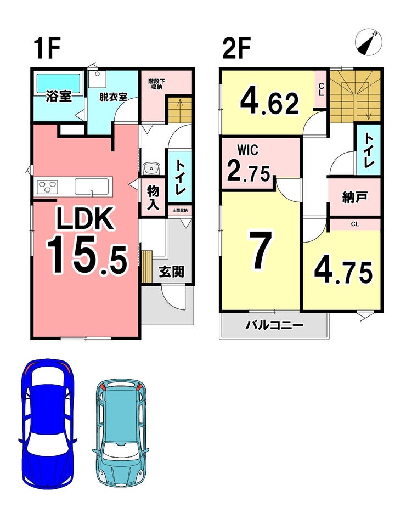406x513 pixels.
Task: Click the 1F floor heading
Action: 47,48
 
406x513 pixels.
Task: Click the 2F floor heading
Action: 236,48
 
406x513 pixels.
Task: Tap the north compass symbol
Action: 368,42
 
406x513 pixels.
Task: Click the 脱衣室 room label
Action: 113,97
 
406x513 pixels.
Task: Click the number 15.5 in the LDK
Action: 86,256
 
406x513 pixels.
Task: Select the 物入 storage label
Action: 153,198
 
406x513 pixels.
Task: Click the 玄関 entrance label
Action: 171,272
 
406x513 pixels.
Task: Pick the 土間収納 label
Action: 180,211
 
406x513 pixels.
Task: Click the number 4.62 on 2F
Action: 269,102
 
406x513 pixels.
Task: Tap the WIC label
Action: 247,150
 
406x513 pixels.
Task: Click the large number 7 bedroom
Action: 261,250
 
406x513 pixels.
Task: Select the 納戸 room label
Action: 354,198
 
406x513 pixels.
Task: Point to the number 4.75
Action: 343,272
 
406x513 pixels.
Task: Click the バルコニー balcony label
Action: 275,325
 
